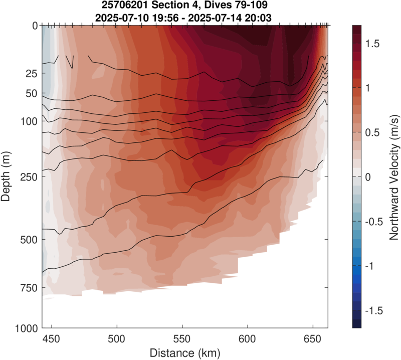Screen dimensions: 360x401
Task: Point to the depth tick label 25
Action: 31,74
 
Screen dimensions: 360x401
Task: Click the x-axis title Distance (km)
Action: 184,351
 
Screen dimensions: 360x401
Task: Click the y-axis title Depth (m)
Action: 7,176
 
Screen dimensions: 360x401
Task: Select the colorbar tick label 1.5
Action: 373,44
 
